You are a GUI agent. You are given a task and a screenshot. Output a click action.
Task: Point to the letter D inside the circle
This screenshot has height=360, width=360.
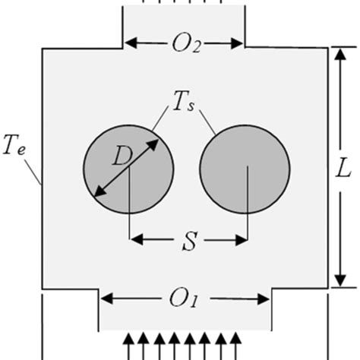(x=121, y=158)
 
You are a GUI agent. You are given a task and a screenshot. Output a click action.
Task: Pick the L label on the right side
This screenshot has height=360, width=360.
(x=344, y=169)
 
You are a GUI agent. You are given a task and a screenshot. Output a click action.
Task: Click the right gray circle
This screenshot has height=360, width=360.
(x=245, y=169)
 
